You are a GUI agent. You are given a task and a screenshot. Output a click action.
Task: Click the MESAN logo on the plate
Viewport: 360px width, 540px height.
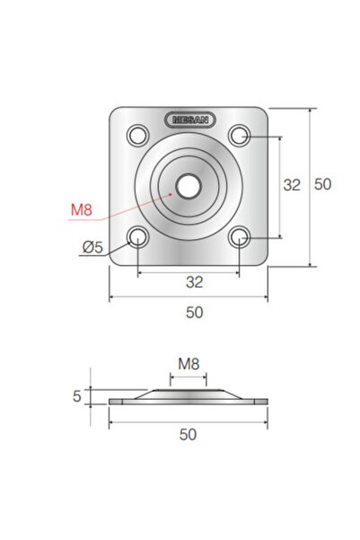coord(190,120)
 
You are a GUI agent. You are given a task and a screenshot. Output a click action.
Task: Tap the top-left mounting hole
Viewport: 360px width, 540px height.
coord(138,135)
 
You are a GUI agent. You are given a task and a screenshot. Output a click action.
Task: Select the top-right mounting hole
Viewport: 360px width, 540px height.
coord(240,135)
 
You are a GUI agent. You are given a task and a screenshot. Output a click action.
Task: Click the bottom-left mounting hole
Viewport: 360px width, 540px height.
coord(137,237)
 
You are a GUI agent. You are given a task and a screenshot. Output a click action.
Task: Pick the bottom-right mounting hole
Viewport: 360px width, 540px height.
coord(240,237)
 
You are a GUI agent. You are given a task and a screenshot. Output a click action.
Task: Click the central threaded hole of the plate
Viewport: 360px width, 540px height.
coord(188,186)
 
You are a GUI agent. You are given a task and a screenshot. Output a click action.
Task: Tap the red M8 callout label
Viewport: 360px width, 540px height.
coord(82,209)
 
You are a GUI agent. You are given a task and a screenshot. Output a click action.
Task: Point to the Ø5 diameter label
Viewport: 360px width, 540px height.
coord(93,247)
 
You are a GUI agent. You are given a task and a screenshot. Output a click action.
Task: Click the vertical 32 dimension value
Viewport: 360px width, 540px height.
coord(292,185)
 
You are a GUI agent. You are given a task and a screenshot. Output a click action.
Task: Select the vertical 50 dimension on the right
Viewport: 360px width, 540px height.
coord(323,184)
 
